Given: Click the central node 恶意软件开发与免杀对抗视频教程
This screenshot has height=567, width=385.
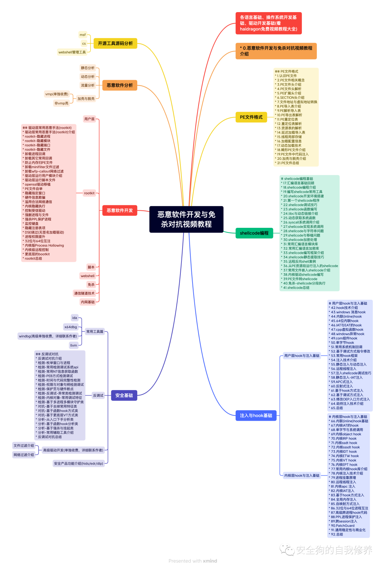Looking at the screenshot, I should (186, 219).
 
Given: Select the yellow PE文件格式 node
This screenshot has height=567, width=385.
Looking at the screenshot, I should (251, 117).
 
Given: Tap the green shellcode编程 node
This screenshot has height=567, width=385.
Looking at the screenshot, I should (254, 233).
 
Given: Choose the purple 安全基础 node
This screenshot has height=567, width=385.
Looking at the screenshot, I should (124, 395).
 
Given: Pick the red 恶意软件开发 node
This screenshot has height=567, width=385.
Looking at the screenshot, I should (119, 210).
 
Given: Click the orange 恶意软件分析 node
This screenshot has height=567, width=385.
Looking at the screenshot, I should (119, 85).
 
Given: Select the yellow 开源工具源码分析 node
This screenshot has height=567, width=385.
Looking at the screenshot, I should (115, 43).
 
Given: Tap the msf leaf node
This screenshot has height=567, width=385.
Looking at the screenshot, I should (83, 35).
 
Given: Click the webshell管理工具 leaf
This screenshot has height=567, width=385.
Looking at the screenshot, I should (72, 52).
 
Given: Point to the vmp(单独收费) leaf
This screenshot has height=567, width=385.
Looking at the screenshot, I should (57, 94).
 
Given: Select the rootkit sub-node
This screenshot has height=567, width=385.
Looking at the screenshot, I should (89, 193).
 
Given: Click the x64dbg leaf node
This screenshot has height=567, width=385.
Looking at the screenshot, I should (71, 327).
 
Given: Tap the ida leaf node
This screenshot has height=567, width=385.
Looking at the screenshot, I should (75, 318).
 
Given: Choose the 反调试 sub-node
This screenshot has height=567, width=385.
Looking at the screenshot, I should (98, 395).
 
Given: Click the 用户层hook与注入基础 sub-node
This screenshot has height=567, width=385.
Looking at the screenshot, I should (302, 356).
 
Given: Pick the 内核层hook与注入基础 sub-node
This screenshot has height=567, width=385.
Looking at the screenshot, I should (302, 476).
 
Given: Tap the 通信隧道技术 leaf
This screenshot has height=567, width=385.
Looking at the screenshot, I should (84, 293).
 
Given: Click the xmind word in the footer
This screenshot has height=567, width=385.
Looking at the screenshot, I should (210, 561).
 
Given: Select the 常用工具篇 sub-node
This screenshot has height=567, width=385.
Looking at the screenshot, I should (95, 331).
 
